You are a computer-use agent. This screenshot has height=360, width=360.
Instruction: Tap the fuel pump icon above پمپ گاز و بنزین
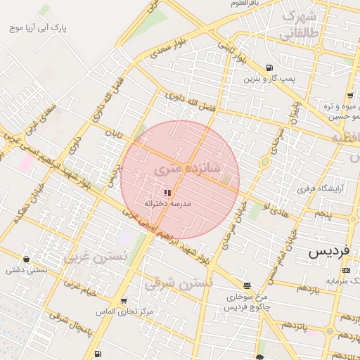coord(270,68)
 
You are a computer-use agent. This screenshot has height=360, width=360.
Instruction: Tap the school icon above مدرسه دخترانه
coord(167,192)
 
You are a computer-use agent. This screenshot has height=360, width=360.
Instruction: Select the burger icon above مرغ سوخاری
coord(246,285)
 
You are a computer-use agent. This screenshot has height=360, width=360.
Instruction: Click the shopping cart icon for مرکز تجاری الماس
coord(124,300)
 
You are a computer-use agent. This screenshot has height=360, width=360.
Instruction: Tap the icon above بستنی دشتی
coord(27,259)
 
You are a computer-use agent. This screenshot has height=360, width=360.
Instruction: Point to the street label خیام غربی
coord(79,288)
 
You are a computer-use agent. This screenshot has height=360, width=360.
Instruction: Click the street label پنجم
coord(323,213)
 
